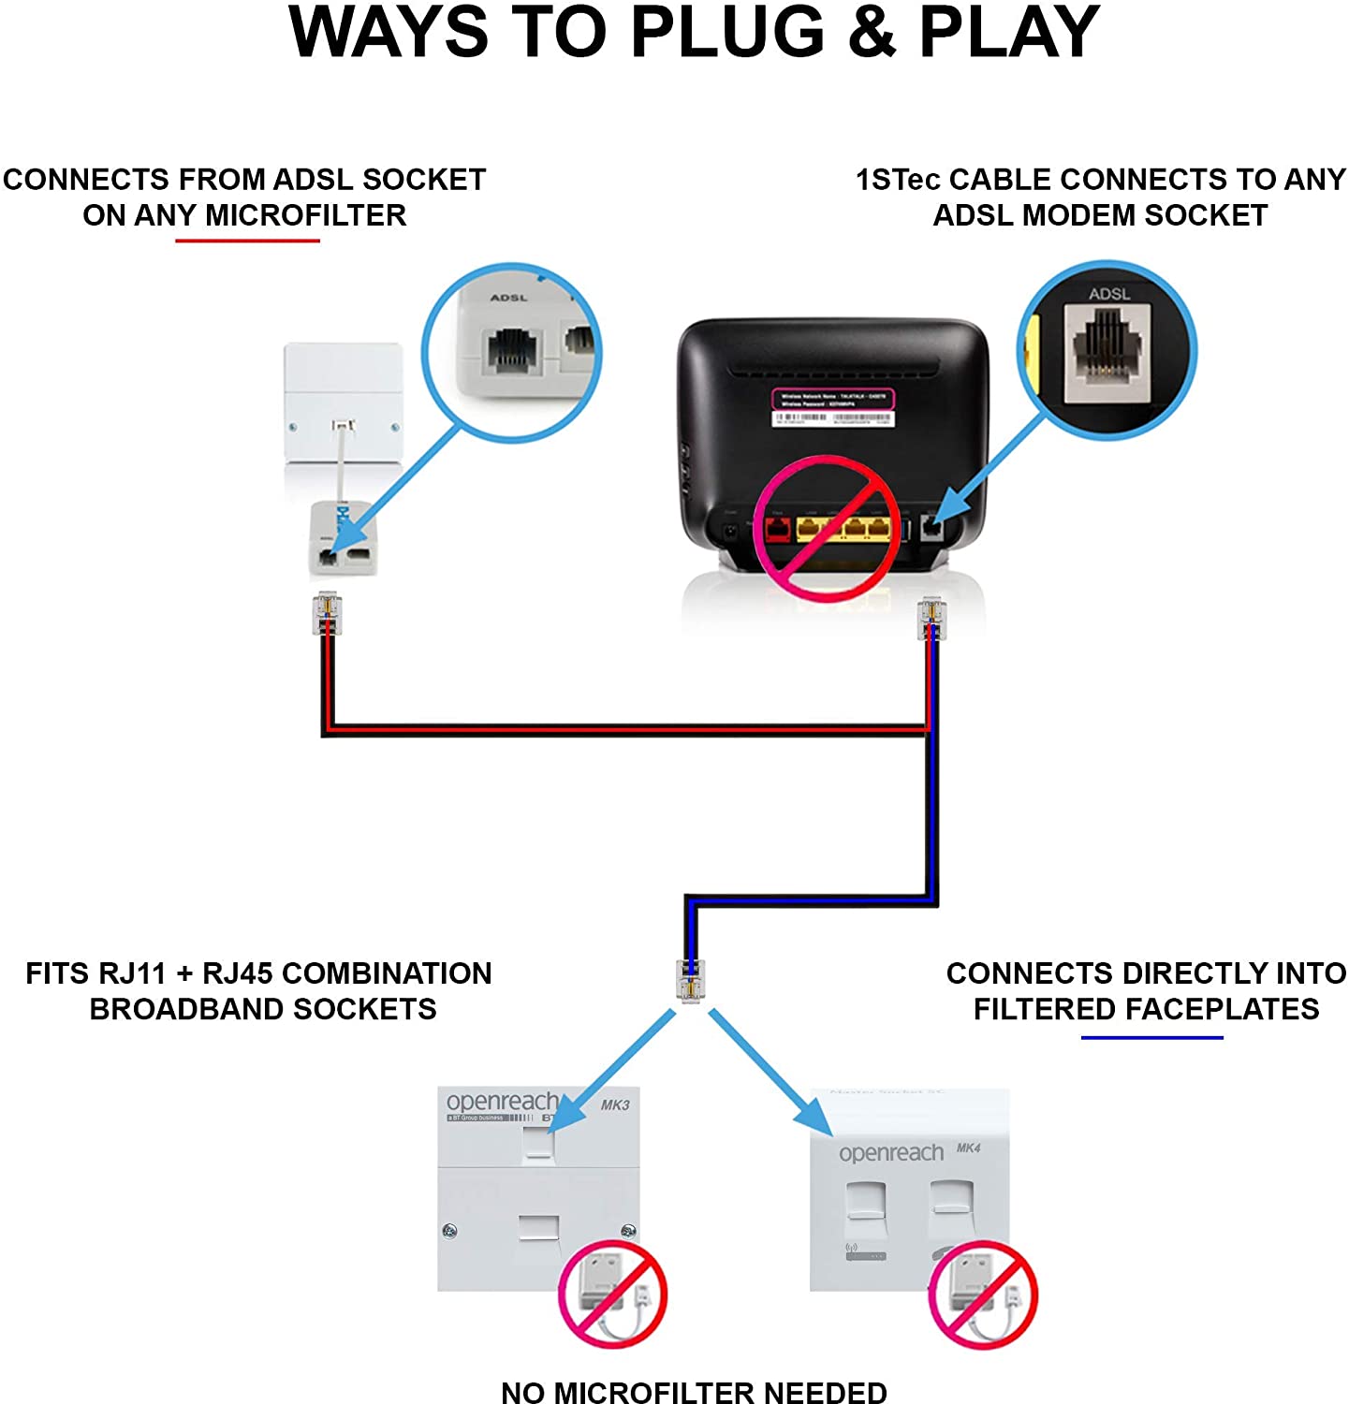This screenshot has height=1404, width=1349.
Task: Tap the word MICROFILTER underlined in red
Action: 305,215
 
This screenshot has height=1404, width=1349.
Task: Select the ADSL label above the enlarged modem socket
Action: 1108,294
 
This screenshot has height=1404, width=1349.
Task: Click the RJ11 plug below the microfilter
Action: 327,613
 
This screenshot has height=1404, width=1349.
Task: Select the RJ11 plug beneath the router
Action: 931,619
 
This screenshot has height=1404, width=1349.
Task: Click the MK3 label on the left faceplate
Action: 615,1104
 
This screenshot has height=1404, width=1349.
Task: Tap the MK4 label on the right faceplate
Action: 968,1148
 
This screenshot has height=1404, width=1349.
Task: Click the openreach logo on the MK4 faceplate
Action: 890,1153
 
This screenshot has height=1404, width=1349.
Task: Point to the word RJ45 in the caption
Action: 238,973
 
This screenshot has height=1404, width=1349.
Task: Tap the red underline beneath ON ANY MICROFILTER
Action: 248,241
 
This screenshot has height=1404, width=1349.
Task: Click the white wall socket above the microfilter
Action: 343,402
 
